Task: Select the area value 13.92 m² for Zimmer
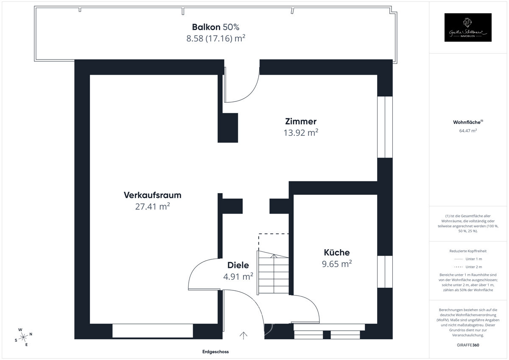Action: click(x=301, y=132)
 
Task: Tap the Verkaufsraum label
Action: click(x=152, y=195)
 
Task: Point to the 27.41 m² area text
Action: click(x=152, y=207)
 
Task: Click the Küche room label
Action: click(x=337, y=253)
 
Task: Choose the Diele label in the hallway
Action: click(x=238, y=265)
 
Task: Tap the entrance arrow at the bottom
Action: click(x=243, y=335)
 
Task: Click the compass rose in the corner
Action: click(x=23, y=337)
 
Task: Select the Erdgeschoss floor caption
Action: click(x=215, y=352)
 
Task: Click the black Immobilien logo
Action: click(x=468, y=28)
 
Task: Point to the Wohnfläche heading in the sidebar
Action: click(x=467, y=122)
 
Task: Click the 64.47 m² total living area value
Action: click(x=468, y=131)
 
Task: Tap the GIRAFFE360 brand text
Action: click(x=468, y=345)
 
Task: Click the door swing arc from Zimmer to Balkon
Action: click(x=246, y=91)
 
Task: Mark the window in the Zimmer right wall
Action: click(x=385, y=127)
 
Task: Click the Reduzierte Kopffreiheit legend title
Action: click(x=468, y=251)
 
